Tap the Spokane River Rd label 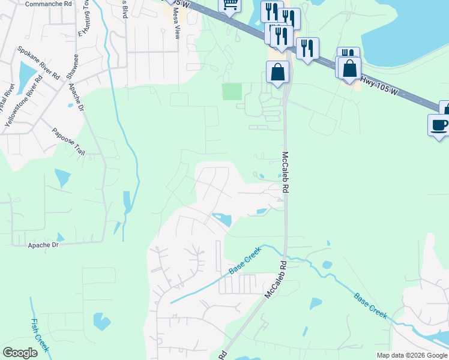[x=38, y=63]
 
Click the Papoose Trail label [x=68, y=142]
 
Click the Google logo [x=20, y=353]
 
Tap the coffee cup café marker [x=439, y=125]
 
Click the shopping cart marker [x=229, y=5]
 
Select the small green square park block [x=232, y=92]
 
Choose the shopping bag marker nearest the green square [x=277, y=72]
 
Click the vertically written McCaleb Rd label [x=286, y=171]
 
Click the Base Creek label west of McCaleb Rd [x=245, y=262]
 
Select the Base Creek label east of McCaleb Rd [x=370, y=305]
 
